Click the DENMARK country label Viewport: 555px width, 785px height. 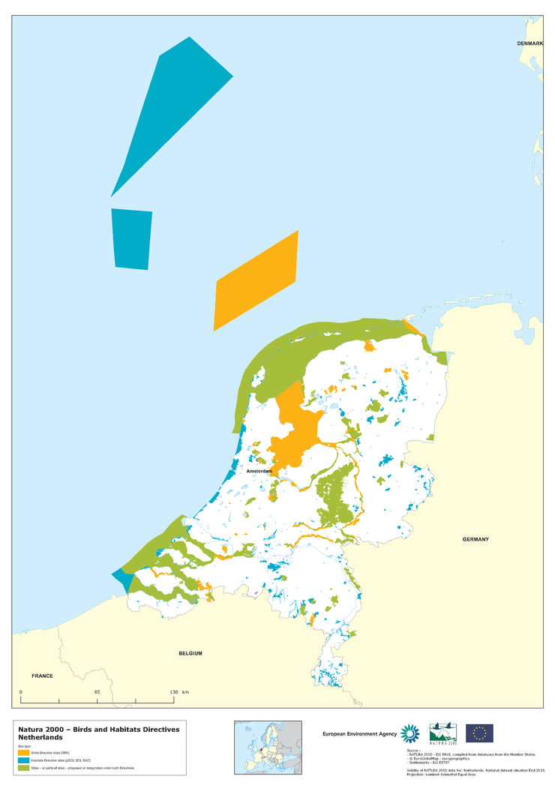(x=529, y=44)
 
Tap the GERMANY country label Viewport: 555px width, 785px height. (x=475, y=539)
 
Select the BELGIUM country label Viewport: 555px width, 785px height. (x=190, y=653)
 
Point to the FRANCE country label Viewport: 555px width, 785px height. (x=42, y=676)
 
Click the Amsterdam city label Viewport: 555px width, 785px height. (x=259, y=471)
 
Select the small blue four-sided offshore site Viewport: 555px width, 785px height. (x=131, y=238)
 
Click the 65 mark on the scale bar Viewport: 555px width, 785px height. (x=97, y=691)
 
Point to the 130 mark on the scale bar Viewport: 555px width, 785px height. (x=174, y=691)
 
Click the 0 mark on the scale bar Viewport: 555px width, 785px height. (x=21, y=691)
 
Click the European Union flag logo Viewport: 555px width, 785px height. (x=479, y=733)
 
